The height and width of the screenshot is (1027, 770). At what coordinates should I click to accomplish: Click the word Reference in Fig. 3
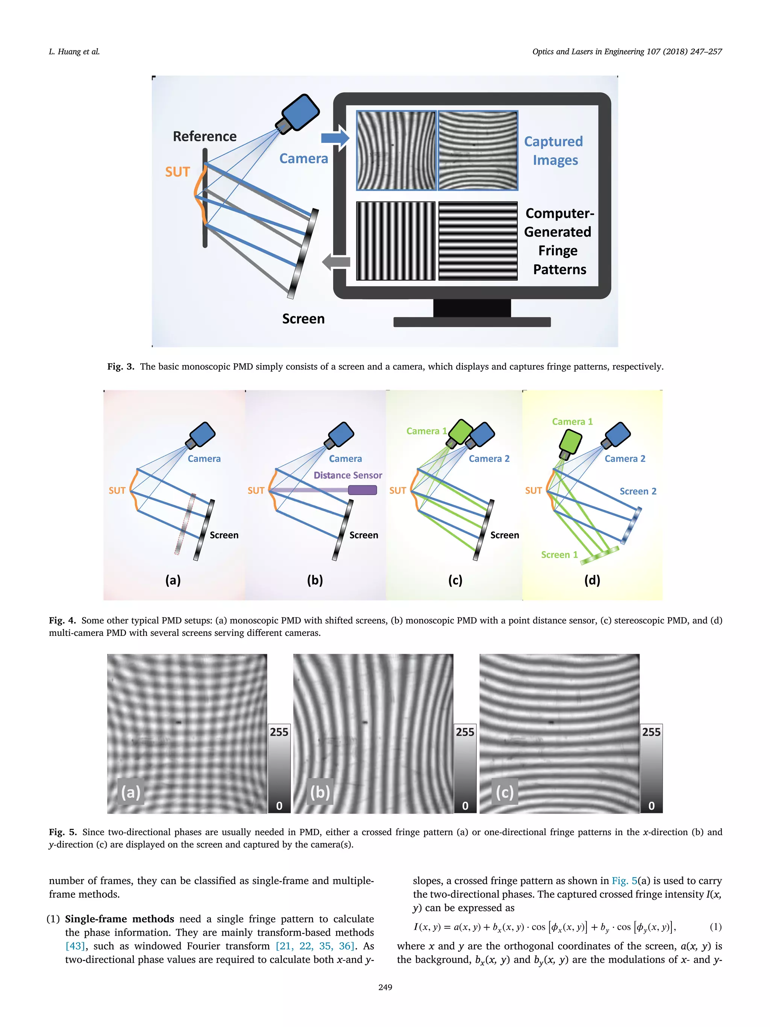tap(204, 136)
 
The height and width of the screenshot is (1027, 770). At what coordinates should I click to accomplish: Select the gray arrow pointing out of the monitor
tap(336, 262)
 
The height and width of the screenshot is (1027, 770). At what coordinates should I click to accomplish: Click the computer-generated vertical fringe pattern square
tap(396, 241)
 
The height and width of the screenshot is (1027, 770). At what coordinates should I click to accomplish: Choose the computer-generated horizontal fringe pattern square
tap(477, 241)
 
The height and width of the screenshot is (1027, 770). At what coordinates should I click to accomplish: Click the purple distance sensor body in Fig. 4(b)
tap(362, 490)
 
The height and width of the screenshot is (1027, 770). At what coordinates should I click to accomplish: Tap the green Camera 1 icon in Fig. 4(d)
tap(570, 443)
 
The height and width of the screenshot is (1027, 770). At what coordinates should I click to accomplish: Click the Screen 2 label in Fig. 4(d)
tap(638, 491)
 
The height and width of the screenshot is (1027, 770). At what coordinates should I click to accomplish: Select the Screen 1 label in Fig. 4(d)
tap(559, 555)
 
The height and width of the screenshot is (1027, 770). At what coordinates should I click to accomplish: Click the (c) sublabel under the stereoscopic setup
tap(455, 580)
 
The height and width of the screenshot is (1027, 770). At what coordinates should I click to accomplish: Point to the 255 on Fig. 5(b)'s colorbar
tap(465, 732)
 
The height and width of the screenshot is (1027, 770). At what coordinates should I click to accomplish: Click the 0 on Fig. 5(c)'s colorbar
tap(651, 806)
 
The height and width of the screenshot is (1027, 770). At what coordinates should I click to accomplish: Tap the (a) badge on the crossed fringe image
tap(130, 792)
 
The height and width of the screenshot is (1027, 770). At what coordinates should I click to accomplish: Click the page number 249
tap(385, 988)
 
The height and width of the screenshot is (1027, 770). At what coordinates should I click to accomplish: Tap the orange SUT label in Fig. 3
tap(177, 172)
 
